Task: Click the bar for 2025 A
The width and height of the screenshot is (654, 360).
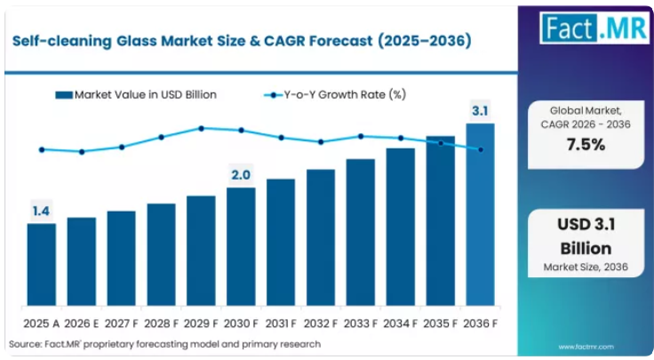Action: (x=42, y=265)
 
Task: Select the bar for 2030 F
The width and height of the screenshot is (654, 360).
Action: (x=241, y=246)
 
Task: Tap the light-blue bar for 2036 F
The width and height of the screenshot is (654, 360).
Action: (x=480, y=214)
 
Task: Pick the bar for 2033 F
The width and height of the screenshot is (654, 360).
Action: (x=361, y=232)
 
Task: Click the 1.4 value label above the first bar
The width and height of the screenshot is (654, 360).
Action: (x=41, y=211)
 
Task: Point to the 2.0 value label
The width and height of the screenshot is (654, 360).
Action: (x=241, y=175)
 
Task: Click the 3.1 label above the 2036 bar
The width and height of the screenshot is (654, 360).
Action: (x=480, y=111)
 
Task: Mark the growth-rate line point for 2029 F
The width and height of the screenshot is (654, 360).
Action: (x=201, y=129)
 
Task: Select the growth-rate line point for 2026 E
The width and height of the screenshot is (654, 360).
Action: (x=82, y=152)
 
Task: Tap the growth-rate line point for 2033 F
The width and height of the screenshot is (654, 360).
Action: (x=361, y=136)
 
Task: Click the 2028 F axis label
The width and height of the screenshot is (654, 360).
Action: (x=161, y=324)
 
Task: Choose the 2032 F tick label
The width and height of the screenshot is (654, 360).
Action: (x=320, y=324)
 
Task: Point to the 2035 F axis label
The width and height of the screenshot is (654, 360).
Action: (x=440, y=324)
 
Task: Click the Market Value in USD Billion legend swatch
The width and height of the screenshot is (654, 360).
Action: (x=64, y=95)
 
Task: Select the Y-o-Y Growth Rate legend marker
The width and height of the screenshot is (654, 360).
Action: (x=273, y=95)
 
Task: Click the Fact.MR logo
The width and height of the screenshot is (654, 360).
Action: (x=594, y=28)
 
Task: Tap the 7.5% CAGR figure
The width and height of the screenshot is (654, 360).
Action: (x=586, y=145)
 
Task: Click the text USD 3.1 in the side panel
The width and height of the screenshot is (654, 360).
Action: (x=586, y=224)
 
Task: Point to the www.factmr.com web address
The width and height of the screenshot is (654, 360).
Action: (x=586, y=347)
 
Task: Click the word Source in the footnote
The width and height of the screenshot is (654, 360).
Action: (x=25, y=344)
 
